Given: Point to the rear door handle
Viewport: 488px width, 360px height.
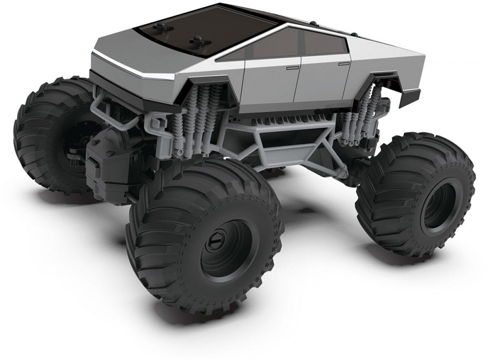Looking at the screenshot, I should click(345, 63).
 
